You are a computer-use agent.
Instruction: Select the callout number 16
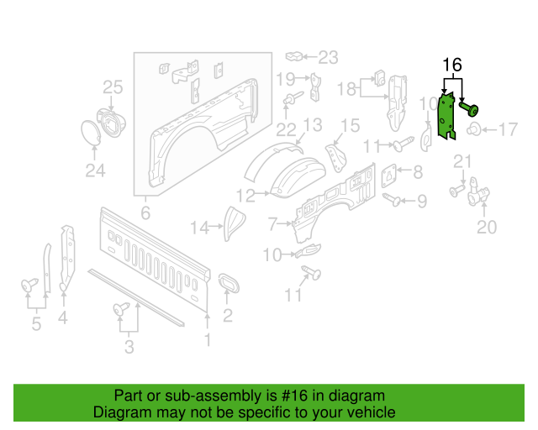pyautogui.click(x=451, y=66)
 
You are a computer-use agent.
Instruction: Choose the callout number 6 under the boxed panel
pyautogui.click(x=145, y=212)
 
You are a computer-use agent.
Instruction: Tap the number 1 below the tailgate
pyautogui.click(x=208, y=339)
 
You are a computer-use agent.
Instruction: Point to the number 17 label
pyautogui.click(x=509, y=129)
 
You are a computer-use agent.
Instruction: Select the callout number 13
pyautogui.click(x=312, y=126)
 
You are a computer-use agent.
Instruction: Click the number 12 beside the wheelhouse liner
pyautogui.click(x=245, y=196)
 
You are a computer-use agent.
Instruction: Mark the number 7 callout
pyautogui.click(x=272, y=224)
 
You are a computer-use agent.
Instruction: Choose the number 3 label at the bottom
pyautogui.click(x=129, y=347)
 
